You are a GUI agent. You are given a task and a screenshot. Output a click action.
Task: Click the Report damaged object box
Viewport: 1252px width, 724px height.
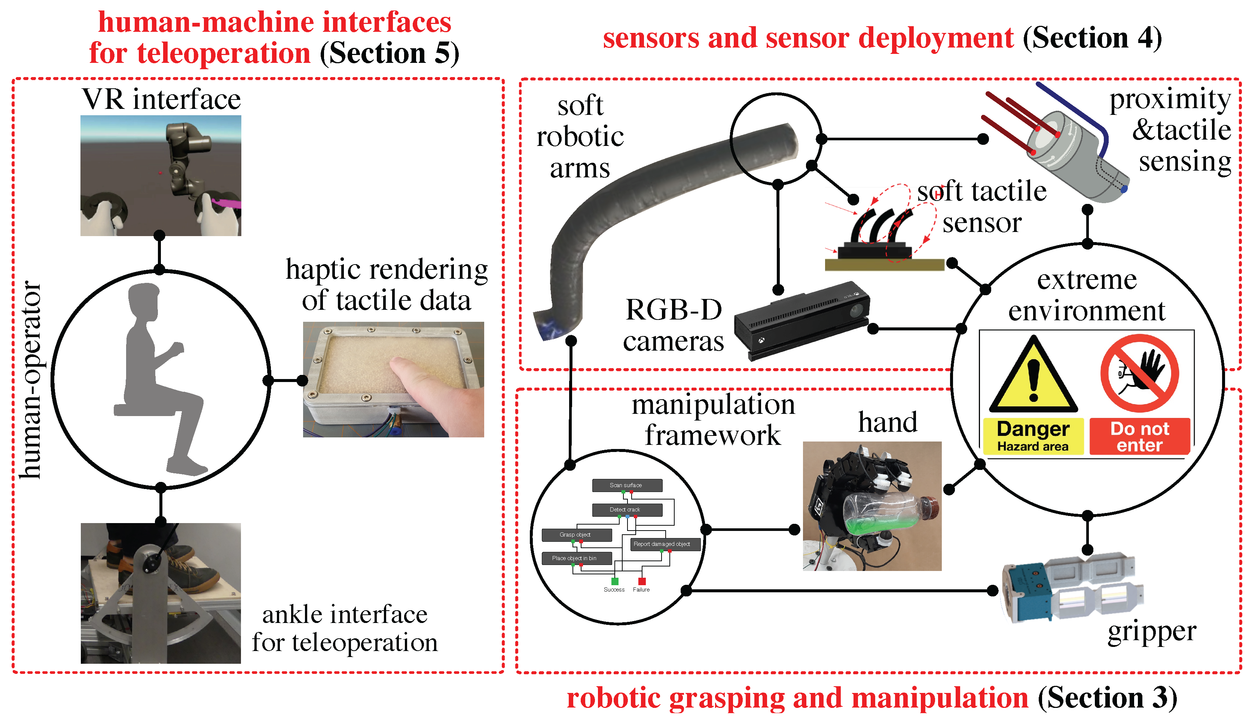tap(665, 544)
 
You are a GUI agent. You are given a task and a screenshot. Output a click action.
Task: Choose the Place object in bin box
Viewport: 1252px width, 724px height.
tap(576, 558)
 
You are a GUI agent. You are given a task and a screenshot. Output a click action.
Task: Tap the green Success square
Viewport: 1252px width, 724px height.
tap(614, 581)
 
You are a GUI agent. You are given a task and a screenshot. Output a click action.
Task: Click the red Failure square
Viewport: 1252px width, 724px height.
tap(641, 581)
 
